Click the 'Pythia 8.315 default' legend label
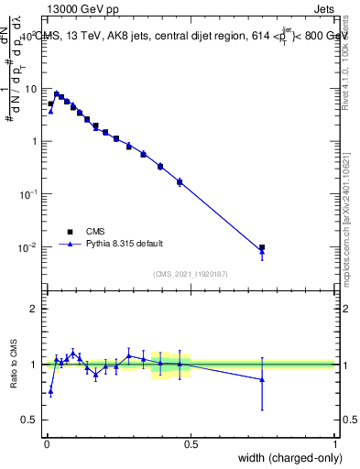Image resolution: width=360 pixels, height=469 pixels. click(124, 244)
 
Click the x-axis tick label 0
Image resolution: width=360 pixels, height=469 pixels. click(46, 443)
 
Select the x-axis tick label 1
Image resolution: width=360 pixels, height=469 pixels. click(335, 443)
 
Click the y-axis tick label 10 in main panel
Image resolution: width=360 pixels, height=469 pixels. click(31, 89)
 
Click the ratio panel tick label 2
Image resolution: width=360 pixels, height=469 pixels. click(35, 309)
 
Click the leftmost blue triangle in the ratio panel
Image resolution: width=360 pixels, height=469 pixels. click(50, 391)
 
